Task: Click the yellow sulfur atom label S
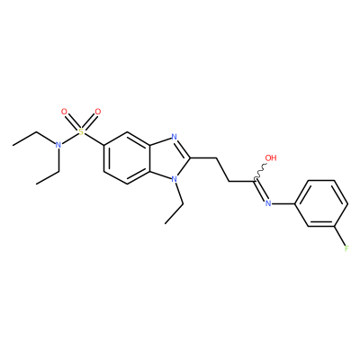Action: pos(81,131)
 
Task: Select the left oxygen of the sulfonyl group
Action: pos(64,112)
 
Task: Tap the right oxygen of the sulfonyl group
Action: pos(98,112)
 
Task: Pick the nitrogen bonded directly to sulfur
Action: pos(58,145)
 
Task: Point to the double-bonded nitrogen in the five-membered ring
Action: pos(174,137)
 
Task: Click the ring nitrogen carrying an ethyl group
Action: pos(174,179)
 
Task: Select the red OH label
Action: pos(271,157)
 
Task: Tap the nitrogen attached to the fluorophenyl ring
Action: pos(268,203)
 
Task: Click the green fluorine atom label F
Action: pos(346,248)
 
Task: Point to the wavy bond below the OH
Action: pos(260,172)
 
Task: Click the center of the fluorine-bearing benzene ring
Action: pos(321,203)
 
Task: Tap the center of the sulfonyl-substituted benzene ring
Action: pos(127,158)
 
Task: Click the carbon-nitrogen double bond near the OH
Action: pos(260,191)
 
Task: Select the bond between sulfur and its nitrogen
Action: pos(70,139)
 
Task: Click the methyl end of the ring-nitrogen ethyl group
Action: pos(166,223)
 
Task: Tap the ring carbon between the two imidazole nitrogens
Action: pos(191,158)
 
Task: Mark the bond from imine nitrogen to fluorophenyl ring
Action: pos(283,203)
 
